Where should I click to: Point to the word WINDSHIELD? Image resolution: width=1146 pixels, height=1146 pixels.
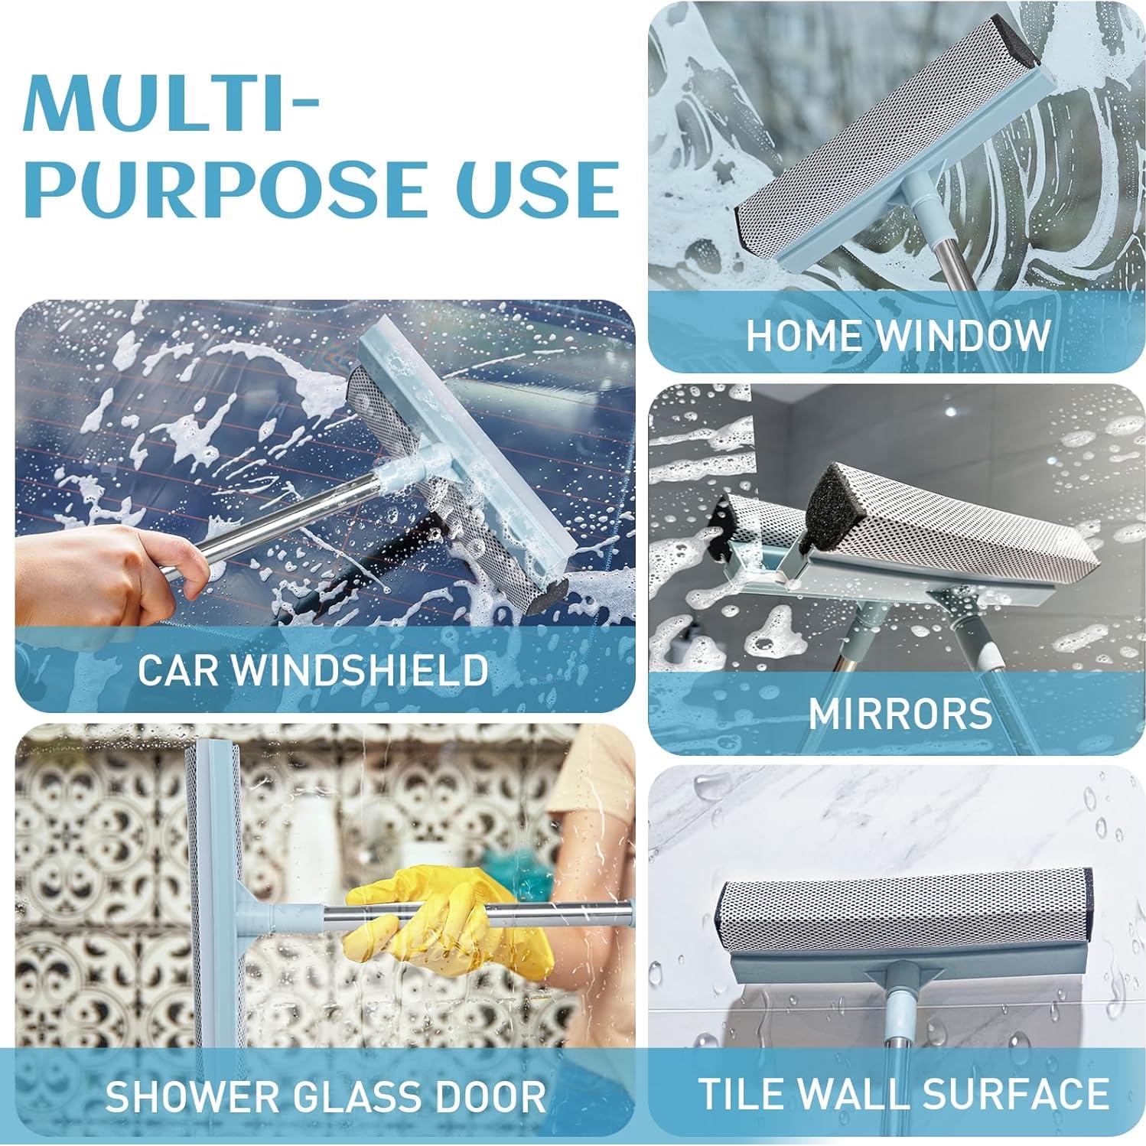[x=361, y=669]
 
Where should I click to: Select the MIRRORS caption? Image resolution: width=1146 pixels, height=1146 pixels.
[x=900, y=713]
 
